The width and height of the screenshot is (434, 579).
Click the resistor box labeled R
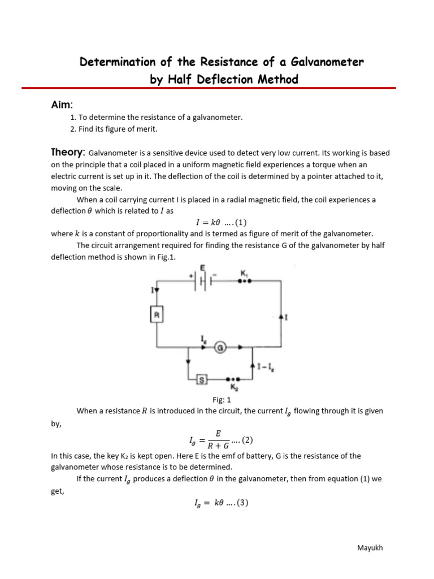click(157, 314)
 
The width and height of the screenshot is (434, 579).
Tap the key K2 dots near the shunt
click(233, 380)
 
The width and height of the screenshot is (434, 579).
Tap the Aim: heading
click(62, 105)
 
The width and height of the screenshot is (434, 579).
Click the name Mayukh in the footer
click(371, 548)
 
